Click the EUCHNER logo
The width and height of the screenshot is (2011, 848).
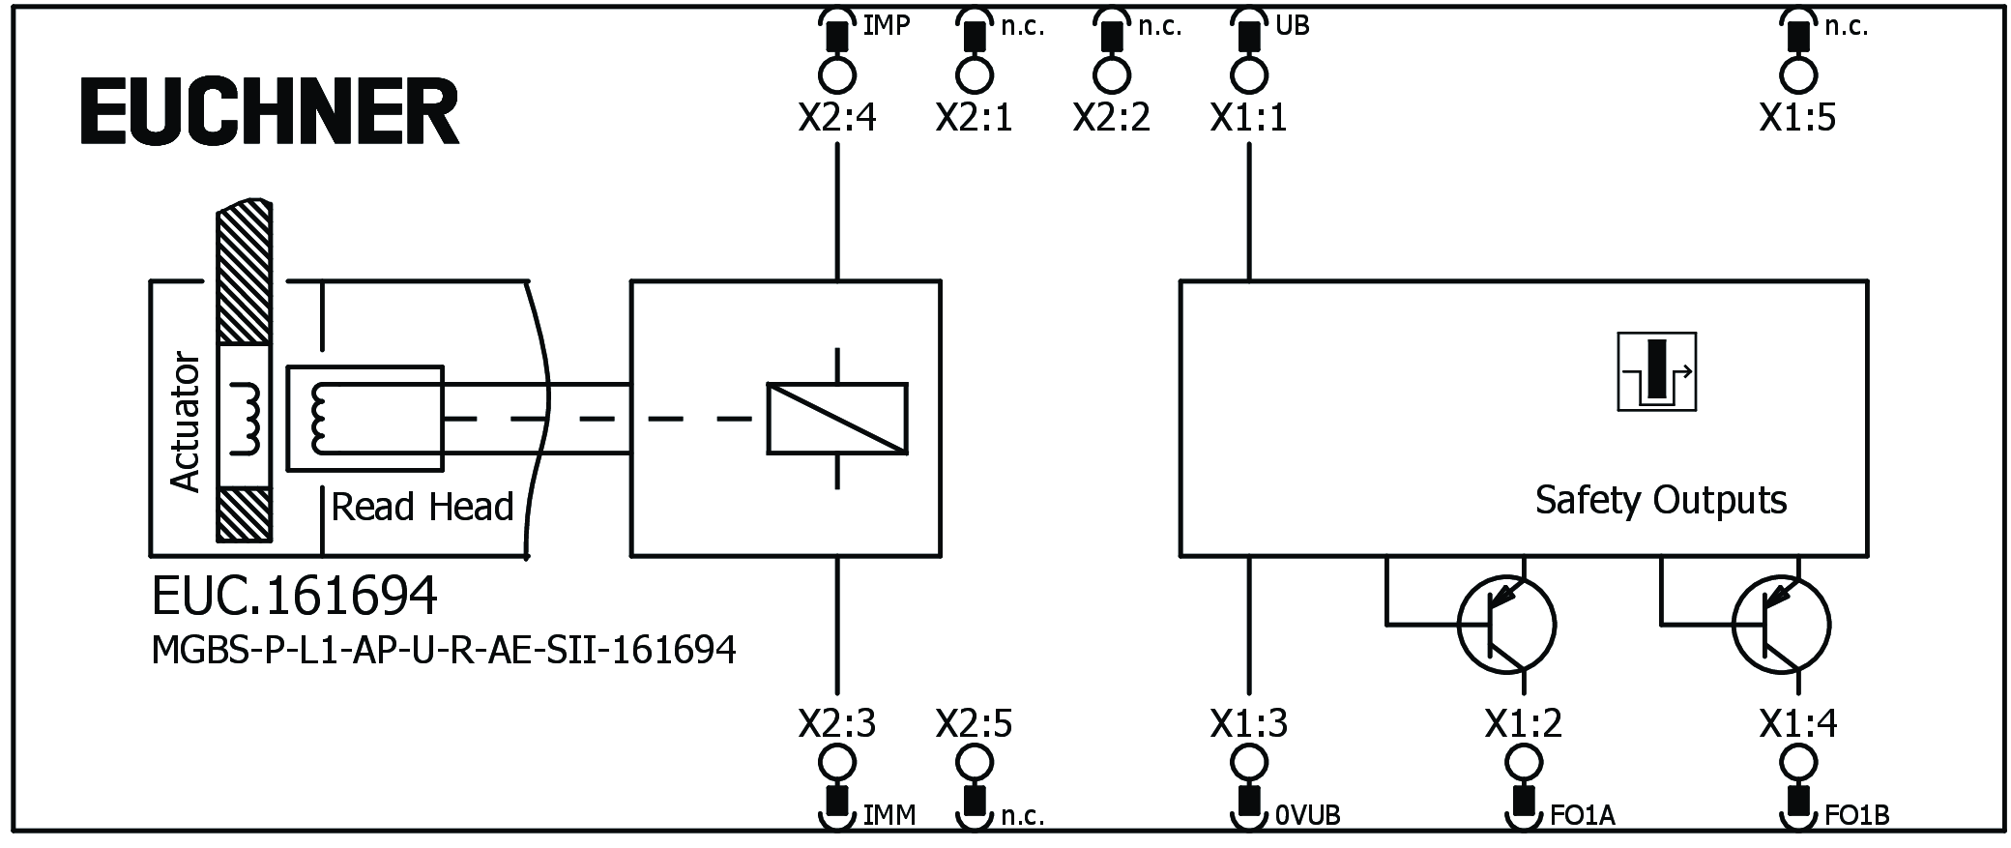click(x=270, y=112)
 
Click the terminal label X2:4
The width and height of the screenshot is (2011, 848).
click(x=836, y=118)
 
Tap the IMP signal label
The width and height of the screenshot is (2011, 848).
click(x=886, y=26)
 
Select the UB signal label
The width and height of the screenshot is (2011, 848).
click(x=1292, y=26)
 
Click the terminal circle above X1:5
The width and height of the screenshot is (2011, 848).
click(x=1797, y=75)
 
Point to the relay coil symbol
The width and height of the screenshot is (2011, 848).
click(x=837, y=419)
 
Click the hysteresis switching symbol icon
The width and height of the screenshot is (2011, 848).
click(x=1656, y=372)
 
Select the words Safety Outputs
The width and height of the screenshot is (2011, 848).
click(x=1660, y=500)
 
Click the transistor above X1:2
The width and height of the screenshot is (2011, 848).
click(x=1505, y=625)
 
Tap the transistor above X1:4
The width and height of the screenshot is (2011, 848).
click(x=1781, y=625)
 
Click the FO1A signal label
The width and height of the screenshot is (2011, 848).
click(x=1582, y=816)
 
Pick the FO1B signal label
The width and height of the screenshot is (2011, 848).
click(x=1856, y=816)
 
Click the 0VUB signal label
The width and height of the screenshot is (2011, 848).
click(x=1307, y=816)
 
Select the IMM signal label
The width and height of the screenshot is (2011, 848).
click(x=889, y=816)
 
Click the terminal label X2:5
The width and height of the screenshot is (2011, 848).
click(x=974, y=723)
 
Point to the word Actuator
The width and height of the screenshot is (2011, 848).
click(x=185, y=422)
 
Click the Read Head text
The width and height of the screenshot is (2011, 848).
click(x=422, y=507)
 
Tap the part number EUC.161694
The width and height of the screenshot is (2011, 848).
click(x=294, y=596)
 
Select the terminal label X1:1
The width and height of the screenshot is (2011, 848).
click(x=1248, y=118)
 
